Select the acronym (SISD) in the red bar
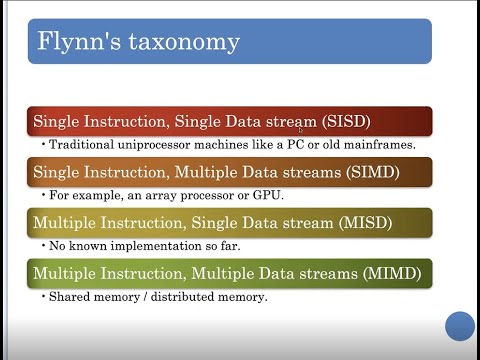pyautogui.click(x=347, y=121)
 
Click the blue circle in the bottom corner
pyautogui.click(x=459, y=325)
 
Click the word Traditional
pyautogui.click(x=76, y=145)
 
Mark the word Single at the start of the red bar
pyautogui.click(x=56, y=121)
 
